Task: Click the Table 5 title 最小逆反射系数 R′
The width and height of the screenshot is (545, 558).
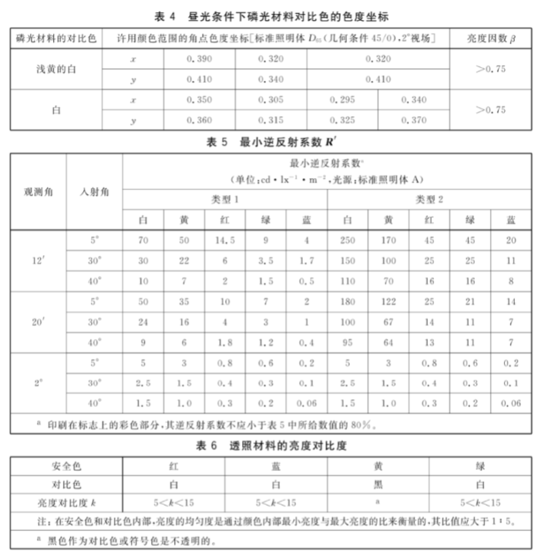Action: coord(273,142)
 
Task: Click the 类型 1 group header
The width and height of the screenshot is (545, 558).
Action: coord(224,199)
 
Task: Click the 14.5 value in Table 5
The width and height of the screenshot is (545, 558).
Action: coord(224,240)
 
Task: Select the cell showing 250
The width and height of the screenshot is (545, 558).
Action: coord(348,240)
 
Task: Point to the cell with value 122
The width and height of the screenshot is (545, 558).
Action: coord(389,301)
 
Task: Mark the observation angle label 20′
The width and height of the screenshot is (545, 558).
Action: coord(38,321)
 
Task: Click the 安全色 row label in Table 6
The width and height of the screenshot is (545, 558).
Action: coord(66,466)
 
